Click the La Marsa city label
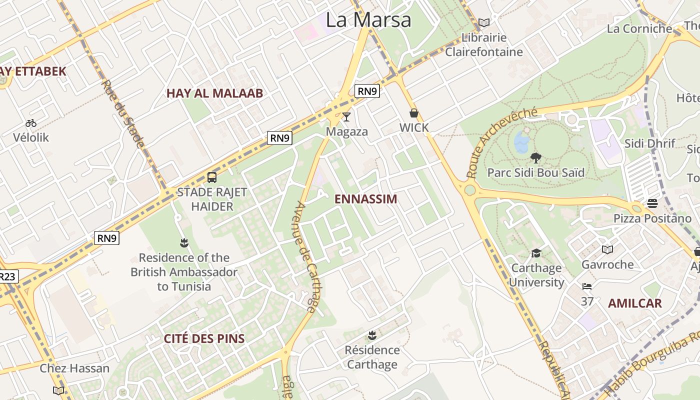coord(368,20)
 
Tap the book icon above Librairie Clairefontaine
coord(483,22)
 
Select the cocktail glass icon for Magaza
coord(346,117)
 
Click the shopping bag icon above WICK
coord(413,113)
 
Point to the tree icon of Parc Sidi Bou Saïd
coord(535,158)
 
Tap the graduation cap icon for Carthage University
coord(536,253)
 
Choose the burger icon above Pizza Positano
coord(652,203)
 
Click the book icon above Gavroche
coord(607,249)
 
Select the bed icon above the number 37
coord(587,286)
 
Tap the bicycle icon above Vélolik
coord(31,122)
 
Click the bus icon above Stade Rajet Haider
coord(212,177)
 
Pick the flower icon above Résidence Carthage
coord(372,334)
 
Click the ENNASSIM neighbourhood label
coord(365,199)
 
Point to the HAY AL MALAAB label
coord(214,93)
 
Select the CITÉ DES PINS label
coord(204,338)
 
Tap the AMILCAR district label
coord(634,303)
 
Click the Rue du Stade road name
coord(122,113)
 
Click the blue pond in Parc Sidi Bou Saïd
coord(521,141)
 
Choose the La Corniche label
coord(639,28)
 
